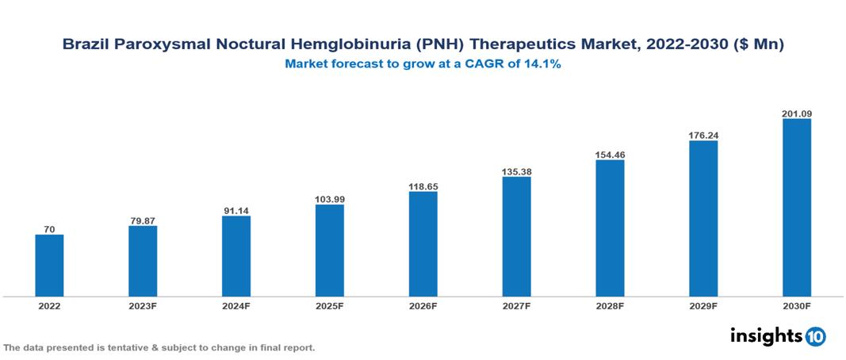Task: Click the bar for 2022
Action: tap(49, 266)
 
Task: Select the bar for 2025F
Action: tap(329, 251)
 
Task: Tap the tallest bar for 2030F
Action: tap(796, 208)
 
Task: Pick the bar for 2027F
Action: tap(516, 236)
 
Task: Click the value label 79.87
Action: tap(143, 220)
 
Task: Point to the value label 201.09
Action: tap(796, 113)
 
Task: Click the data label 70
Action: tap(49, 229)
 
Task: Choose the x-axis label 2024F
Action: tap(236, 305)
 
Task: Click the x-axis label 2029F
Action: tap(703, 305)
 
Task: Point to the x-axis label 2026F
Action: tap(423, 305)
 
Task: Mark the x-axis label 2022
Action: tap(49, 305)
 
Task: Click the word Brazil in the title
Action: tap(85, 45)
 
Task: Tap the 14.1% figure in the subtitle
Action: tap(542, 64)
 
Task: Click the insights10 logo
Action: tap(777, 336)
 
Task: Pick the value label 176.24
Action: tap(703, 135)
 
